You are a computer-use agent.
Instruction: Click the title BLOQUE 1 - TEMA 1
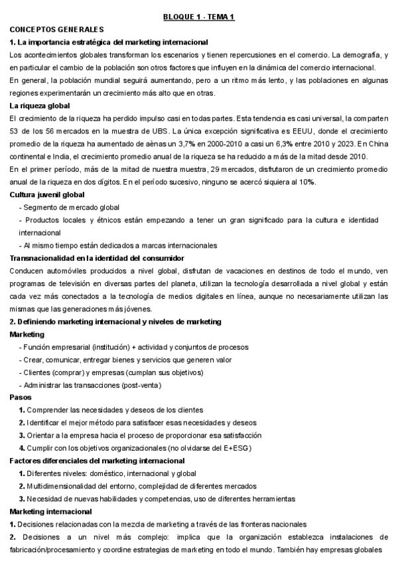tap(198, 17)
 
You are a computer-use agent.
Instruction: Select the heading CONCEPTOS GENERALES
tap(56, 29)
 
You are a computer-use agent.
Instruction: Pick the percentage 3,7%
tap(172, 143)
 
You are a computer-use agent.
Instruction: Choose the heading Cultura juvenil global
tap(48, 195)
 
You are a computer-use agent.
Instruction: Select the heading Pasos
tap(21, 397)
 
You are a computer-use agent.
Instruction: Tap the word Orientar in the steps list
tap(42, 435)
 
